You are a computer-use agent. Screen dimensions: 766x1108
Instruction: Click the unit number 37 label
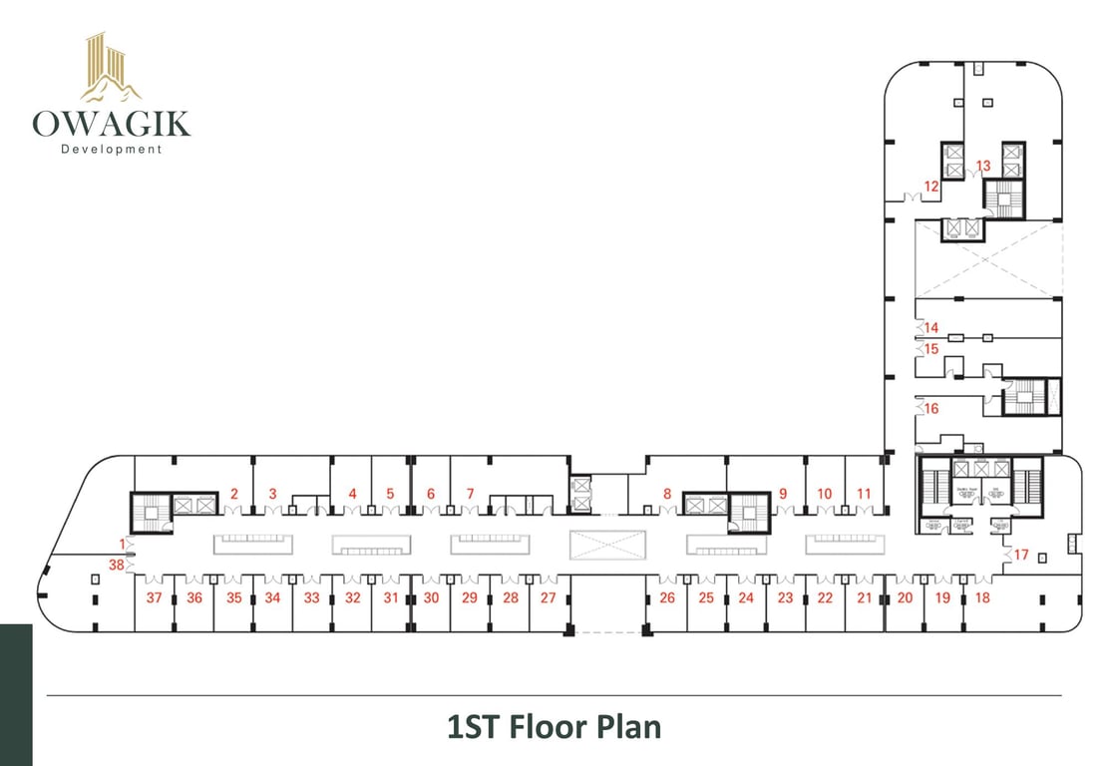tap(154, 598)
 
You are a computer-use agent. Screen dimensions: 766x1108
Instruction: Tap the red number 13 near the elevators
tap(983, 166)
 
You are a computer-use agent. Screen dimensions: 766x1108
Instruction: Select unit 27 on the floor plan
tap(548, 598)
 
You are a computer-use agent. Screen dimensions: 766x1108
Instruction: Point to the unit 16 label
tap(931, 408)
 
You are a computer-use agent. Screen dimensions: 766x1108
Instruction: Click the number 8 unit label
tap(667, 493)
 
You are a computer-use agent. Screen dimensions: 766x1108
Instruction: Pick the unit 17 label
tap(1021, 555)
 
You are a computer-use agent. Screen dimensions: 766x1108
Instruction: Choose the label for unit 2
tap(234, 493)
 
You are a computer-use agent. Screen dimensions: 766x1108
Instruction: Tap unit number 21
tap(864, 598)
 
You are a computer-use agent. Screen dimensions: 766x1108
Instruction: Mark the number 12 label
tap(931, 186)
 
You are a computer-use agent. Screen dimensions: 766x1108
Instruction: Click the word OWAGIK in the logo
tap(111, 124)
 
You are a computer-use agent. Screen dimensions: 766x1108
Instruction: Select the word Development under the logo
tap(111, 150)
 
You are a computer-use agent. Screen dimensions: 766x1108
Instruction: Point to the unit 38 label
tap(117, 564)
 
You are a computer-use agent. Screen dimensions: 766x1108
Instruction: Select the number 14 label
tap(931, 327)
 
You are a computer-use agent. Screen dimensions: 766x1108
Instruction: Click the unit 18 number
tap(982, 598)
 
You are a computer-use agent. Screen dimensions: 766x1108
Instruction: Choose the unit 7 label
tap(470, 493)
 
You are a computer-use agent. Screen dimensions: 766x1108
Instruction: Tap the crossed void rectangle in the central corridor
tap(607, 545)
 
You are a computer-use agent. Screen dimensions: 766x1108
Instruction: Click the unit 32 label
tap(352, 598)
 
